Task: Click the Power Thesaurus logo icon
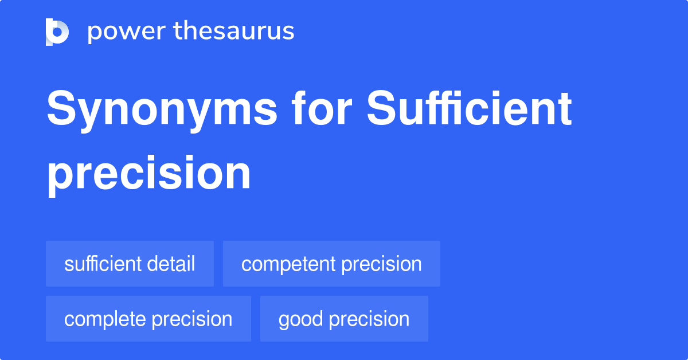tap(57, 32)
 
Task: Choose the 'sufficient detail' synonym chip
tap(130, 264)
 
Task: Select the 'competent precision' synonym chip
tap(331, 264)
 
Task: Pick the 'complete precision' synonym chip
tap(148, 319)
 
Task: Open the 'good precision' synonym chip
tap(344, 319)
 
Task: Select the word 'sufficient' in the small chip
tap(102, 264)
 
